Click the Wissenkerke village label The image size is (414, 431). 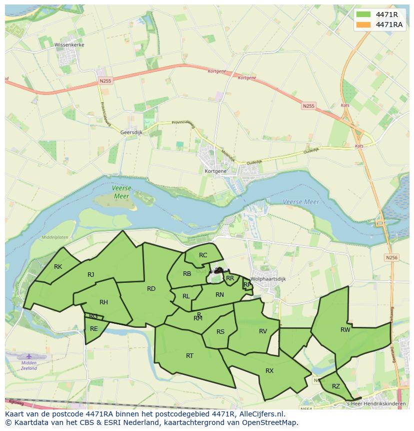pos(69,45)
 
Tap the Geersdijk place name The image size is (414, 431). pos(131,132)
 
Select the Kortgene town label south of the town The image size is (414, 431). pos(215,171)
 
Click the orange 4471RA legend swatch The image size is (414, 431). pos(364,25)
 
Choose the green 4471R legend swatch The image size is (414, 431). pos(364,14)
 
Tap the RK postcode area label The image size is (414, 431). pos(58,267)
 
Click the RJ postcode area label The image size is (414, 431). pos(90,274)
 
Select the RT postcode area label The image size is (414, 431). pos(189,356)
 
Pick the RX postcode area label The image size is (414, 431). pos(269,371)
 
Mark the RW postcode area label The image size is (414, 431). pos(345,329)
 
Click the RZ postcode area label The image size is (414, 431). pos(336,386)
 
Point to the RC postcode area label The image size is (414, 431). pos(203,255)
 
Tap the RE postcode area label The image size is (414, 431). pos(94,329)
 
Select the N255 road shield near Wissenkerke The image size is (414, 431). pos(105,81)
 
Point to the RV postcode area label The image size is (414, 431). pos(263,331)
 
